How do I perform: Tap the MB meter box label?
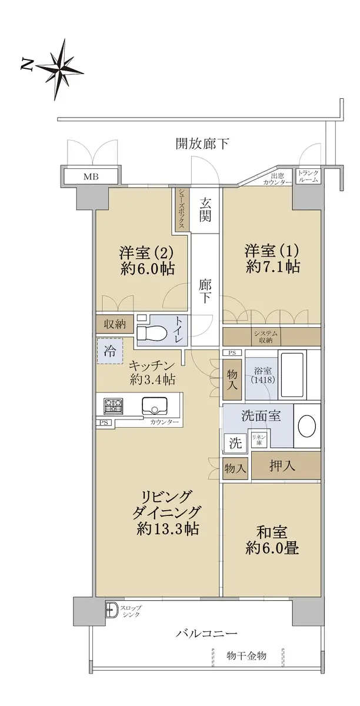[91, 176]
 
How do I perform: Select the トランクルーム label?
[308, 176]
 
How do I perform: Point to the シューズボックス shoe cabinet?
[181, 210]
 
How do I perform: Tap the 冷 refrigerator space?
[110, 351]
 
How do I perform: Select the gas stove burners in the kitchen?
[114, 407]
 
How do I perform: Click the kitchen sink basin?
[155, 406]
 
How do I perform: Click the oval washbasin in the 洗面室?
[307, 425]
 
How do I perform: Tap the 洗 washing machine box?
[235, 443]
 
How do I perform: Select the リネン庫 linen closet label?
[258, 439]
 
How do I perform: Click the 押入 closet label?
[282, 465]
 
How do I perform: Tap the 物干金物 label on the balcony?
[246, 656]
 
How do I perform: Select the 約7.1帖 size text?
[272, 267]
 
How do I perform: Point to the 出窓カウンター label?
[278, 179]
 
